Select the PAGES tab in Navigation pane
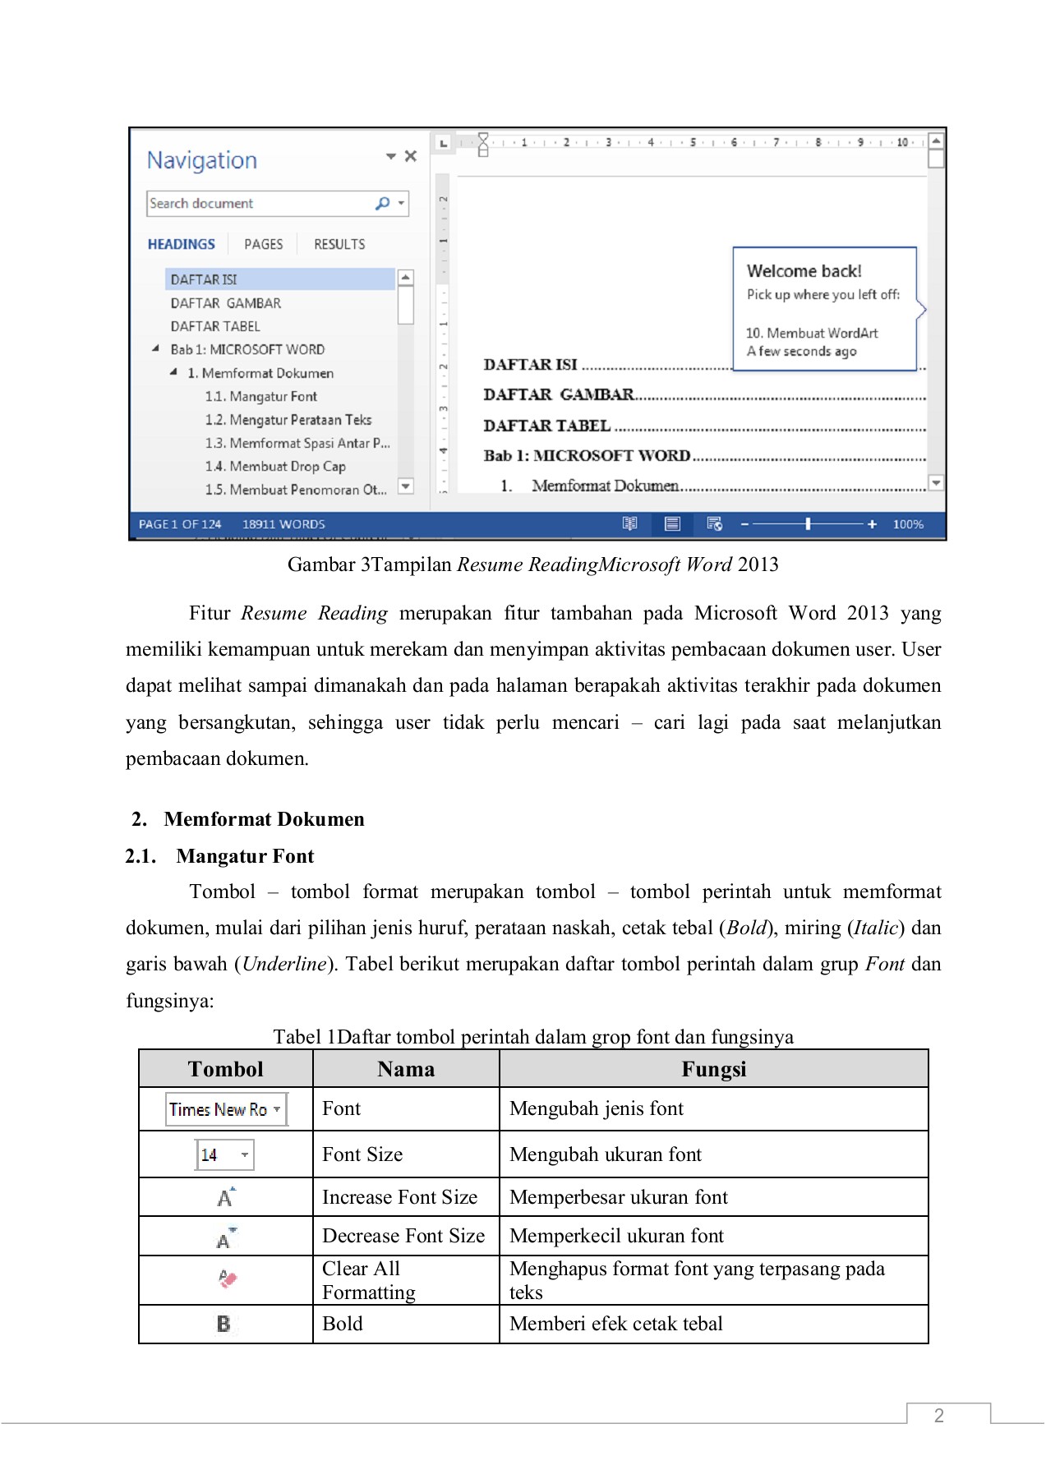click(263, 244)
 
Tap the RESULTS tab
click(339, 244)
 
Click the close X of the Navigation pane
click(411, 156)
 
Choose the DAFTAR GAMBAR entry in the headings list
click(225, 303)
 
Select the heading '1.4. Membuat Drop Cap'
click(275, 466)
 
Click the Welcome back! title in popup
click(804, 271)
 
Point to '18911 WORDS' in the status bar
click(283, 524)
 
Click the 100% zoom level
click(908, 524)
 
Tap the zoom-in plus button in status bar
click(872, 524)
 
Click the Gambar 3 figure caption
click(532, 564)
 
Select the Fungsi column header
click(713, 1069)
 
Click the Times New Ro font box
click(226, 1109)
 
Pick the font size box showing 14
click(224, 1154)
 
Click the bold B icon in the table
click(223, 1324)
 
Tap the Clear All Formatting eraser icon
click(227, 1279)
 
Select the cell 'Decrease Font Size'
click(403, 1236)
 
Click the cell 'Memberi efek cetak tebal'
click(615, 1324)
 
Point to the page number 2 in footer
click(938, 1415)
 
